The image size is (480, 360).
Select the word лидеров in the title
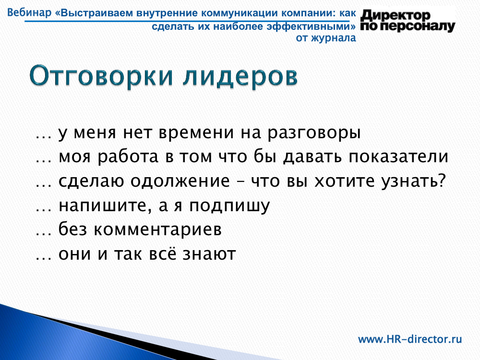tap(240, 76)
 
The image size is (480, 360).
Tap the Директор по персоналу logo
tap(408, 21)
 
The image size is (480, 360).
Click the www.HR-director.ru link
tap(410, 339)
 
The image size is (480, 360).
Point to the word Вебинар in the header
tap(29, 13)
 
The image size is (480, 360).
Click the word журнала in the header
tap(334, 38)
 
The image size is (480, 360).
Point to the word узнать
tap(413, 181)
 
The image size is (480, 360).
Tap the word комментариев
tap(157, 229)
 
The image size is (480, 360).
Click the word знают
tap(209, 254)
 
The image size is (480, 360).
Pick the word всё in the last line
tap(163, 254)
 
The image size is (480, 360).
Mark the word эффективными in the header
tap(311, 27)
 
